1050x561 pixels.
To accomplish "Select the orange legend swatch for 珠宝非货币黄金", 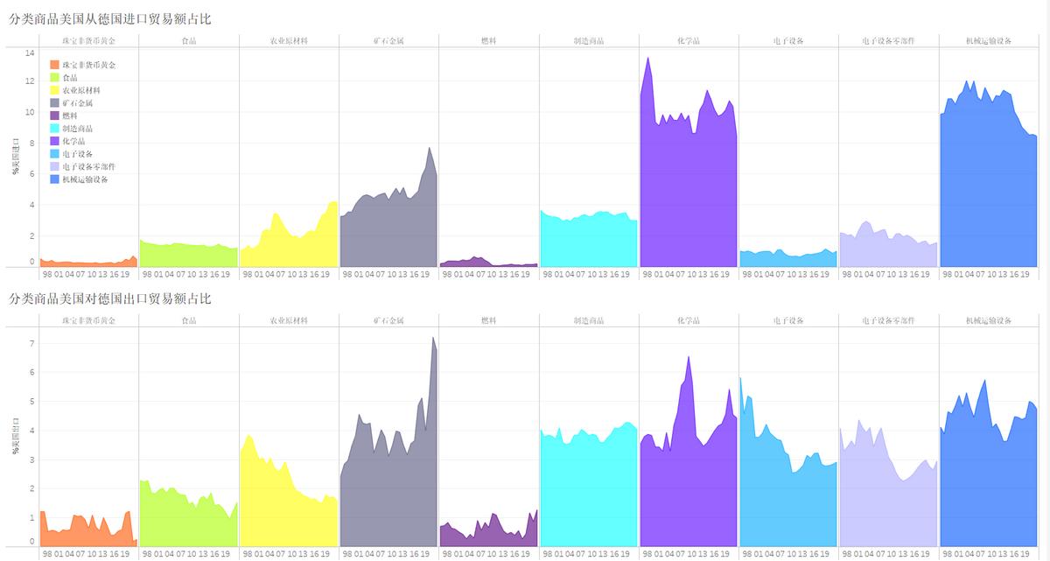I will click(54, 65).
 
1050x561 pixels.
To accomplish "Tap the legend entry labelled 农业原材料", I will click(81, 90).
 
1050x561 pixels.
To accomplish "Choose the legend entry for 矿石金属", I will click(78, 103).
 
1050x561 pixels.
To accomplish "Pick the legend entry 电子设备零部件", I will click(88, 166).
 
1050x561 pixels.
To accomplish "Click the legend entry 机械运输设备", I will click(85, 179).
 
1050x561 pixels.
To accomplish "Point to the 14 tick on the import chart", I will click(30, 53).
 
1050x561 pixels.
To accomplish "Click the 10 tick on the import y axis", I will click(30, 112).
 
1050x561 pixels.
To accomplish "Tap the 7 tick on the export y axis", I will click(31, 343).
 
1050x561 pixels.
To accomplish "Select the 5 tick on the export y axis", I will click(31, 402).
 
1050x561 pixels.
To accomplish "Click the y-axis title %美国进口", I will click(15, 157).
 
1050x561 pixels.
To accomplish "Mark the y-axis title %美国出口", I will click(15, 438).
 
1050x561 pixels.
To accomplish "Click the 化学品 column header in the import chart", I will click(689, 41).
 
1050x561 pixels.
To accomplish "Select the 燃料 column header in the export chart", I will click(489, 321).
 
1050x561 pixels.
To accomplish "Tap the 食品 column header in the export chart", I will click(189, 321).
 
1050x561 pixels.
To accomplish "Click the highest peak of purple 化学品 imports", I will click(647, 59).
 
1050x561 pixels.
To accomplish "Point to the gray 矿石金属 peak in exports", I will click(433, 339).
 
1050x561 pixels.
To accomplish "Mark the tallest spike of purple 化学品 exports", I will click(689, 357).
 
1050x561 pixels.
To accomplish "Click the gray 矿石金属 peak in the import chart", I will click(430, 148).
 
